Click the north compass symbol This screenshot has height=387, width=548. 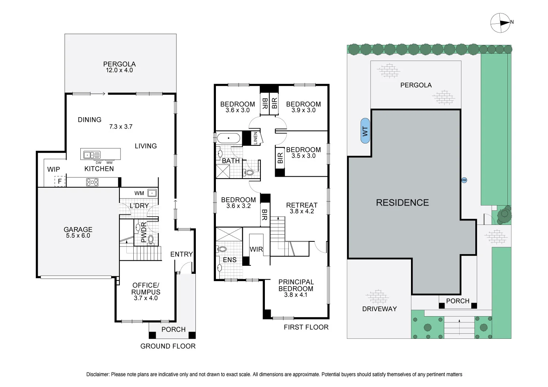pos(500,23)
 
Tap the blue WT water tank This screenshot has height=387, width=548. pos(365,131)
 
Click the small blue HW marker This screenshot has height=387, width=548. pos(464,180)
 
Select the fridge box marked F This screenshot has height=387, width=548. pos(60,181)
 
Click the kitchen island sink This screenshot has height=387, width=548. pos(92,155)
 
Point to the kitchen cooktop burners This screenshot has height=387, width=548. pos(92,182)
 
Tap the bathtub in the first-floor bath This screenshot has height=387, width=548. pos(228,138)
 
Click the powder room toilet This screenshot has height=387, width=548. pos(151,240)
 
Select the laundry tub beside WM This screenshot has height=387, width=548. pos(152,193)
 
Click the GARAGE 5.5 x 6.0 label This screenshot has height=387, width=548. pos(78,232)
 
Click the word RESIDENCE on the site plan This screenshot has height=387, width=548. pos(403,203)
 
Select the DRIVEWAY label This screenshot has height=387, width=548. pos(380,309)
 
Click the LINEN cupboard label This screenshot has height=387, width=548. pos(255,138)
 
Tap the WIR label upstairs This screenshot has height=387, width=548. pos(256,249)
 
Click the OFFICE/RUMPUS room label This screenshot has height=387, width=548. pos(146,291)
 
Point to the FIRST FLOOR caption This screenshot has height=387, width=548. pos(306,327)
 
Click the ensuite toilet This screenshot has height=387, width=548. pos(222,249)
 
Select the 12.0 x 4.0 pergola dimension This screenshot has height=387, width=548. pos(119,70)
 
